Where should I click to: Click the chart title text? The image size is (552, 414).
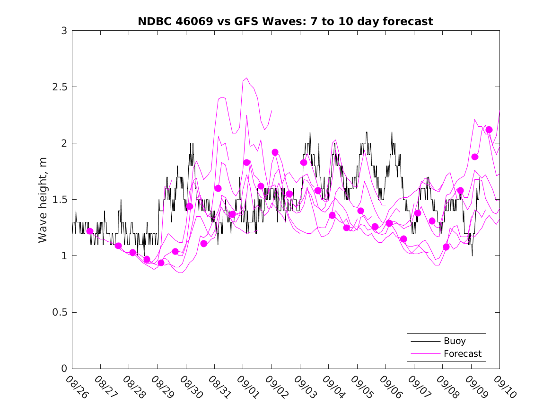(x=285, y=21)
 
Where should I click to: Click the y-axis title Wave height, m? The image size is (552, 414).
(x=43, y=199)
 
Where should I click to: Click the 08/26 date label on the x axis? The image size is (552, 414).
(x=76, y=387)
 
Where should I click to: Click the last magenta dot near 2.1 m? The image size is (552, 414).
(x=489, y=130)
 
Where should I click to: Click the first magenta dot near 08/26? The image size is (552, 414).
(x=90, y=231)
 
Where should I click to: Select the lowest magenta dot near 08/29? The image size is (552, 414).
(x=161, y=263)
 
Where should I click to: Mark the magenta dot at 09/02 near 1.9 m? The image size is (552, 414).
(x=275, y=152)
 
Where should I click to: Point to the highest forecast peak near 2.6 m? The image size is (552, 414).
(x=247, y=78)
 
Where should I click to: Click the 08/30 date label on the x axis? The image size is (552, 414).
(x=190, y=387)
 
